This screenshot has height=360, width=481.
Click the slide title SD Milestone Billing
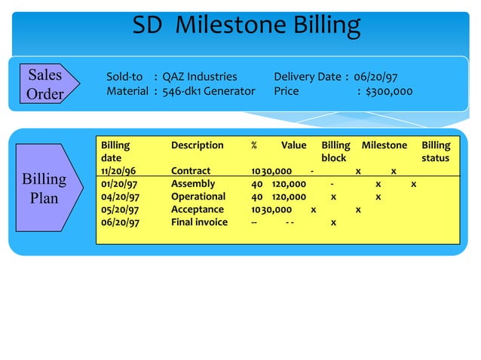[x=247, y=26]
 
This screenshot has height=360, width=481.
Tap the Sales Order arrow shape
[x=44, y=84]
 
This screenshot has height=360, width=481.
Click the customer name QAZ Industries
[x=200, y=77]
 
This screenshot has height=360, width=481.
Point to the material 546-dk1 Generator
[x=209, y=91]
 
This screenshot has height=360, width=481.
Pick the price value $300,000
[x=389, y=91]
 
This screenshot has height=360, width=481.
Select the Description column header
[x=198, y=145]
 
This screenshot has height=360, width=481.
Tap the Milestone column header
[x=384, y=145]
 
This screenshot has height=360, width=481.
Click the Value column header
[x=294, y=145]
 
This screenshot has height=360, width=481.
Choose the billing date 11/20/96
[x=118, y=171]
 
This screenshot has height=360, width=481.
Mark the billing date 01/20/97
[x=118, y=184]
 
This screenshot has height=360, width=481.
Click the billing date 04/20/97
[x=118, y=197]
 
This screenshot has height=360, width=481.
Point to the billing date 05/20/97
[x=118, y=209]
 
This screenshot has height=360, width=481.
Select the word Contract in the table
[x=191, y=171]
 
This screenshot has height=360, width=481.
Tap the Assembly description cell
[x=193, y=184]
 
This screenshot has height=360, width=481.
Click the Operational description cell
[x=198, y=197]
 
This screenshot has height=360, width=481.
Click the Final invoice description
[x=199, y=222]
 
